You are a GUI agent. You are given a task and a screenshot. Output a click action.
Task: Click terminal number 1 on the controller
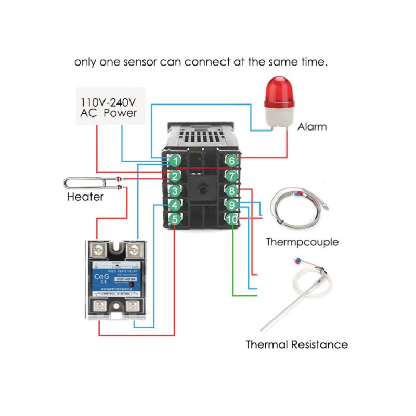(176, 161)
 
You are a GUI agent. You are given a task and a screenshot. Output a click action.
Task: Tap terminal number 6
(232, 161)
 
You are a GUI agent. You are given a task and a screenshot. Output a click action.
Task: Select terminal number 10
(232, 220)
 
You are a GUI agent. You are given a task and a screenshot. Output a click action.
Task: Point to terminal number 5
(176, 220)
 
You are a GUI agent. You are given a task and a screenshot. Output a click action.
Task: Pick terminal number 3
(176, 190)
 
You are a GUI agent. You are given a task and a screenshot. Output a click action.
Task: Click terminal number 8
(232, 190)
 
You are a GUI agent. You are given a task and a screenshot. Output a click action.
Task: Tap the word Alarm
(312, 126)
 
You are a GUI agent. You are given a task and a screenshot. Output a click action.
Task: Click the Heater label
(85, 197)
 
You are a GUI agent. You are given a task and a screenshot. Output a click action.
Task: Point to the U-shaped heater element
(88, 183)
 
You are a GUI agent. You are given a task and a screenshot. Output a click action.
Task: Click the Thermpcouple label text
(302, 242)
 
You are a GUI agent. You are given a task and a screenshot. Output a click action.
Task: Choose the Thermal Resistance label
(296, 344)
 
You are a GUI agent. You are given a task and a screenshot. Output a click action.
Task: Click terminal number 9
(232, 205)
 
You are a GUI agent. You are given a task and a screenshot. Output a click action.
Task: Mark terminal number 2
(176, 176)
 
